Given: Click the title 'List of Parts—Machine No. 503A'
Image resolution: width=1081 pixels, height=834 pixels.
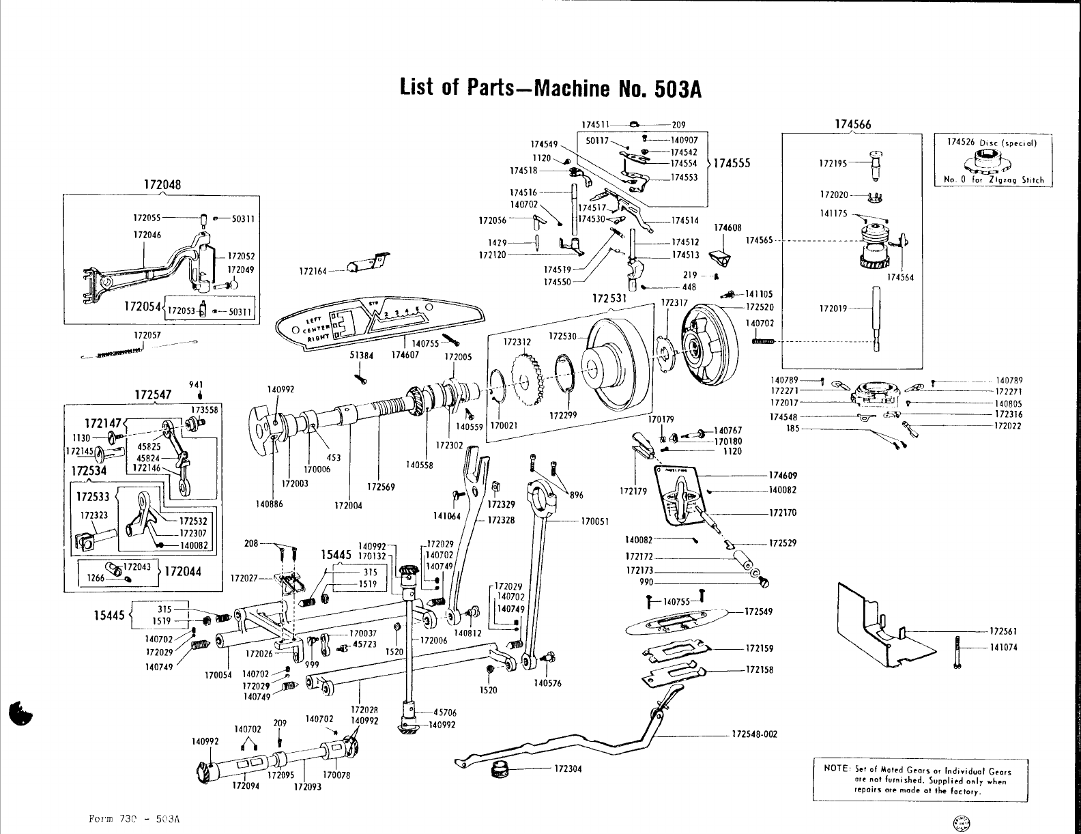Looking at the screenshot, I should coord(551,88).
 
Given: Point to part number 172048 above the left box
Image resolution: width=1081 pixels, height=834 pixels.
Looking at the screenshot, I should coord(162,184).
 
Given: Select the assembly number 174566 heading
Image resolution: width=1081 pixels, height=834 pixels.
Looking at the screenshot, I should coord(852,124).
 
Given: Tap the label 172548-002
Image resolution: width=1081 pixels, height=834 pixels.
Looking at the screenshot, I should coord(754,735).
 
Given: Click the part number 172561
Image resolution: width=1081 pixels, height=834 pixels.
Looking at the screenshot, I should coord(1003,631).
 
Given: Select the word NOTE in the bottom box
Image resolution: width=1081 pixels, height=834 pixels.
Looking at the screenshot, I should coord(835,769).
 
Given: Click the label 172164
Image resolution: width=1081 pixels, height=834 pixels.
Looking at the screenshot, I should coord(314,272).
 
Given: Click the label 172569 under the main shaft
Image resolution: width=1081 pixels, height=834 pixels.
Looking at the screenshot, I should coord(377,487).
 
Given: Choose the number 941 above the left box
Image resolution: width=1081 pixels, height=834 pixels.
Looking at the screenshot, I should coord(199,384).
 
